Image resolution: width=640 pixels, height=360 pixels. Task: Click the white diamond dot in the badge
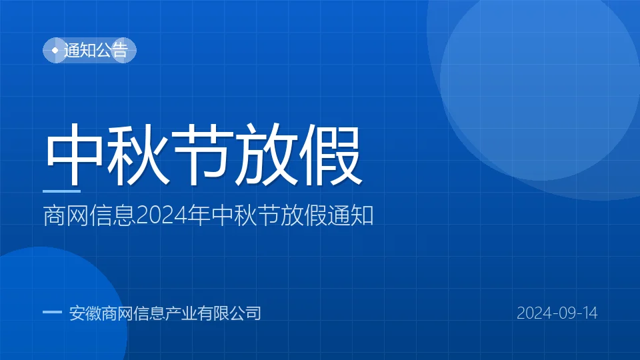coord(55,50)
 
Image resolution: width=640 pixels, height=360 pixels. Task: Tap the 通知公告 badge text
coord(96,50)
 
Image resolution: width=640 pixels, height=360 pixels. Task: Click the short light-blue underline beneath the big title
coord(61,191)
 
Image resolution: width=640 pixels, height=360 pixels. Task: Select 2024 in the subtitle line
coord(161,215)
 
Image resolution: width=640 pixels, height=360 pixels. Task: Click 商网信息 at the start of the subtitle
coord(89,215)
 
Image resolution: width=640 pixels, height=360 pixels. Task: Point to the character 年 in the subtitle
coord(199,215)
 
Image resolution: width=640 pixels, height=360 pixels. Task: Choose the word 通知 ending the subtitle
coord(351,215)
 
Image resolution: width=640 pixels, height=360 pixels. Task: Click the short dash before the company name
coord(52,312)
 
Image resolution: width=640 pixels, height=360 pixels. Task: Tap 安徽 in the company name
coord(85,313)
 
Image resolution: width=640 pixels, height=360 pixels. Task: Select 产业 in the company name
coord(181,313)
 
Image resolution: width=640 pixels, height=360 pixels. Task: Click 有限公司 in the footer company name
coord(229,313)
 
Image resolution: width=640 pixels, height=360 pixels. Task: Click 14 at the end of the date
coord(590,313)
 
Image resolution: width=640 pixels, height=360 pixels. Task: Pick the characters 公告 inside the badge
coord(112,50)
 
